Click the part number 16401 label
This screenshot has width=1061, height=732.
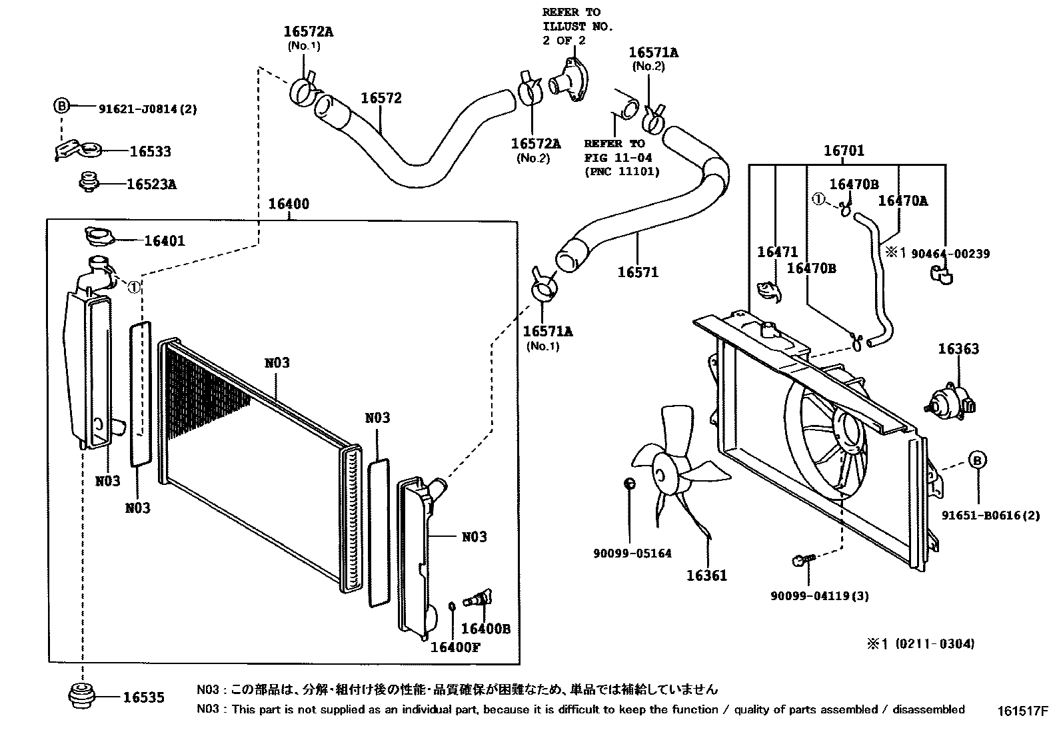pyautogui.click(x=165, y=241)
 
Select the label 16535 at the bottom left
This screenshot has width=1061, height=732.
pyautogui.click(x=143, y=697)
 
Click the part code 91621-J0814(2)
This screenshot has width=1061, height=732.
pyautogui.click(x=147, y=109)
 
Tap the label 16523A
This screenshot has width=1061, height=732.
pyautogui.click(x=151, y=184)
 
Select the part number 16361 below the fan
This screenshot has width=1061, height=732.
pyautogui.click(x=706, y=575)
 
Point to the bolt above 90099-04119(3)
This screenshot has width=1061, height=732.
pyautogui.click(x=801, y=561)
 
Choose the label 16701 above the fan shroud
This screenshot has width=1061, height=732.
pyautogui.click(x=844, y=151)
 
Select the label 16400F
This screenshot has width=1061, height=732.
pyautogui.click(x=455, y=647)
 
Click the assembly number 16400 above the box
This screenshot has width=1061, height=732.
pyautogui.click(x=289, y=204)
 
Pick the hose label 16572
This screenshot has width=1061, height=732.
pyautogui.click(x=381, y=99)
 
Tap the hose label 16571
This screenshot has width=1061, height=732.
pyautogui.click(x=638, y=272)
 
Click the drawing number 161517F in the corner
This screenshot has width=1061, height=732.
pyautogui.click(x=1023, y=711)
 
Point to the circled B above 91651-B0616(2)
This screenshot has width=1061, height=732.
pyautogui.click(x=977, y=460)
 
